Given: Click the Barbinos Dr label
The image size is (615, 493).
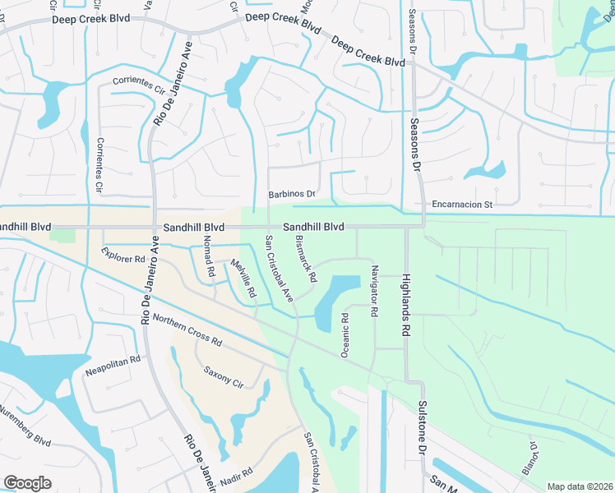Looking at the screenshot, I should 292,194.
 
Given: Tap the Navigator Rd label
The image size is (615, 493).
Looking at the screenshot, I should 374,291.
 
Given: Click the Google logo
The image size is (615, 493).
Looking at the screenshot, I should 27,483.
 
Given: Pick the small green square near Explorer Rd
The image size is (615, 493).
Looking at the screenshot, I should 62,235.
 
